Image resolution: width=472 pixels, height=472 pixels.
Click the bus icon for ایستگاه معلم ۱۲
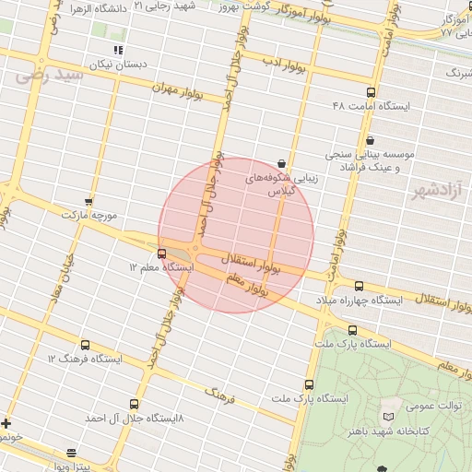click(162, 253)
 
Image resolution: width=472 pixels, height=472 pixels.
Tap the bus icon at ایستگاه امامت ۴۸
click(371, 92)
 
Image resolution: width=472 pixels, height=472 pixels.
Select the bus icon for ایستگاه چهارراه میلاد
click(359, 286)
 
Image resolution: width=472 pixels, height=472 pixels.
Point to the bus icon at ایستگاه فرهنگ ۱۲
click(86, 343)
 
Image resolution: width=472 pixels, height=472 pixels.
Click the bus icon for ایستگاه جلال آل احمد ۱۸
click(135, 404)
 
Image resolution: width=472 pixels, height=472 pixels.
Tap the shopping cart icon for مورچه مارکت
click(88, 201)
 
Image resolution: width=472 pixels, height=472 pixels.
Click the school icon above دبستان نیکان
click(117, 50)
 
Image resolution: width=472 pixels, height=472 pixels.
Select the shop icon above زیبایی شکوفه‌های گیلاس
click(281, 162)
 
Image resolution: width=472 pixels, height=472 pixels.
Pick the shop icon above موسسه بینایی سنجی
click(371, 140)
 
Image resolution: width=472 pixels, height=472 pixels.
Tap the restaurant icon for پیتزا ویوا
click(72, 452)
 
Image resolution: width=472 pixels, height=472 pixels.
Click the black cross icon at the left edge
click(6, 424)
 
